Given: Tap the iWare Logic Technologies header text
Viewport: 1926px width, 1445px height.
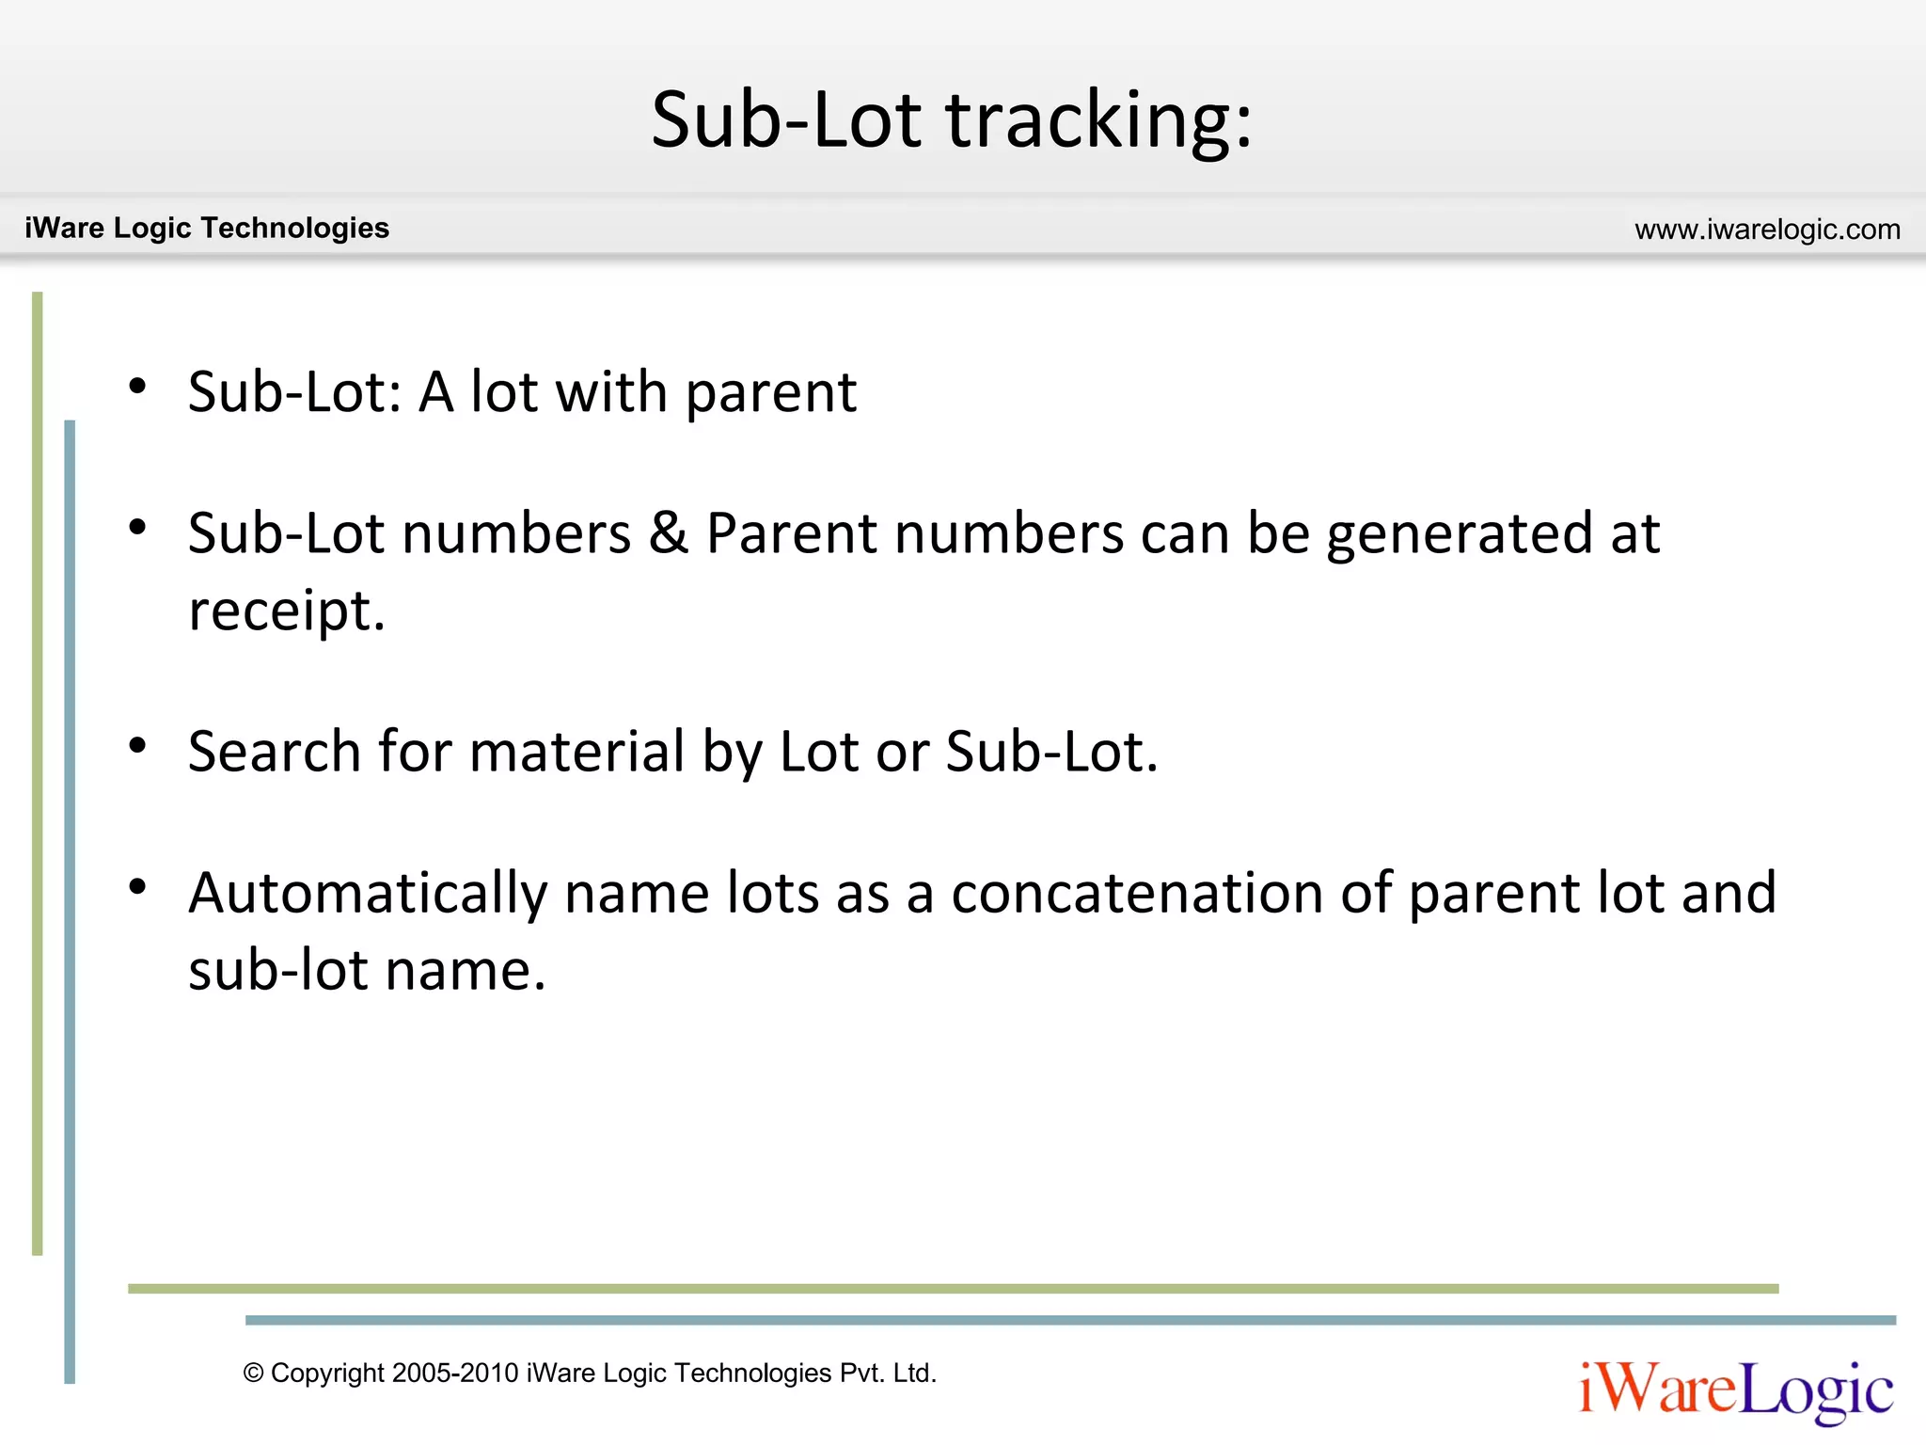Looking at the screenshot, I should coord(207,228).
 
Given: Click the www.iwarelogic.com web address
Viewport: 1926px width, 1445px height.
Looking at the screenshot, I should coord(1767,230).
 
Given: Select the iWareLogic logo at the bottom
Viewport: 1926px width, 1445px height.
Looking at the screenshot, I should coord(1736,1389).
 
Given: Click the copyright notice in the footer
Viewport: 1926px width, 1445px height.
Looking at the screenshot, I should coord(590,1373).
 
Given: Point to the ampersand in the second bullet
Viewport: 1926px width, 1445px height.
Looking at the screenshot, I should coord(668,533).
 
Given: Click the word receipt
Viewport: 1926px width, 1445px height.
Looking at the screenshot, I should coord(287,611).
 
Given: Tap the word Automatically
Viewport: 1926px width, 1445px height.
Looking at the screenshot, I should coord(368,893).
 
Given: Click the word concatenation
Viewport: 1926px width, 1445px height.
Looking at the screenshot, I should coord(1137,893).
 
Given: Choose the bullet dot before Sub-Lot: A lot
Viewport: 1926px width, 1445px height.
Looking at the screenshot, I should coord(138,386).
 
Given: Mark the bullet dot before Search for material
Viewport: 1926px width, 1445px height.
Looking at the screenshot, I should coord(138,746).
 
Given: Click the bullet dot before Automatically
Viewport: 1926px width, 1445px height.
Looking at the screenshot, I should coord(138,886).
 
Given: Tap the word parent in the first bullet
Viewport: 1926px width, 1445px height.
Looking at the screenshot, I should coord(770,393).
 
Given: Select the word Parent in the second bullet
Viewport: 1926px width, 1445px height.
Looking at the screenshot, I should coord(792,533).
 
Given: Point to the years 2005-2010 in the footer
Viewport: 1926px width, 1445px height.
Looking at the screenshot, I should coord(455,1373).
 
